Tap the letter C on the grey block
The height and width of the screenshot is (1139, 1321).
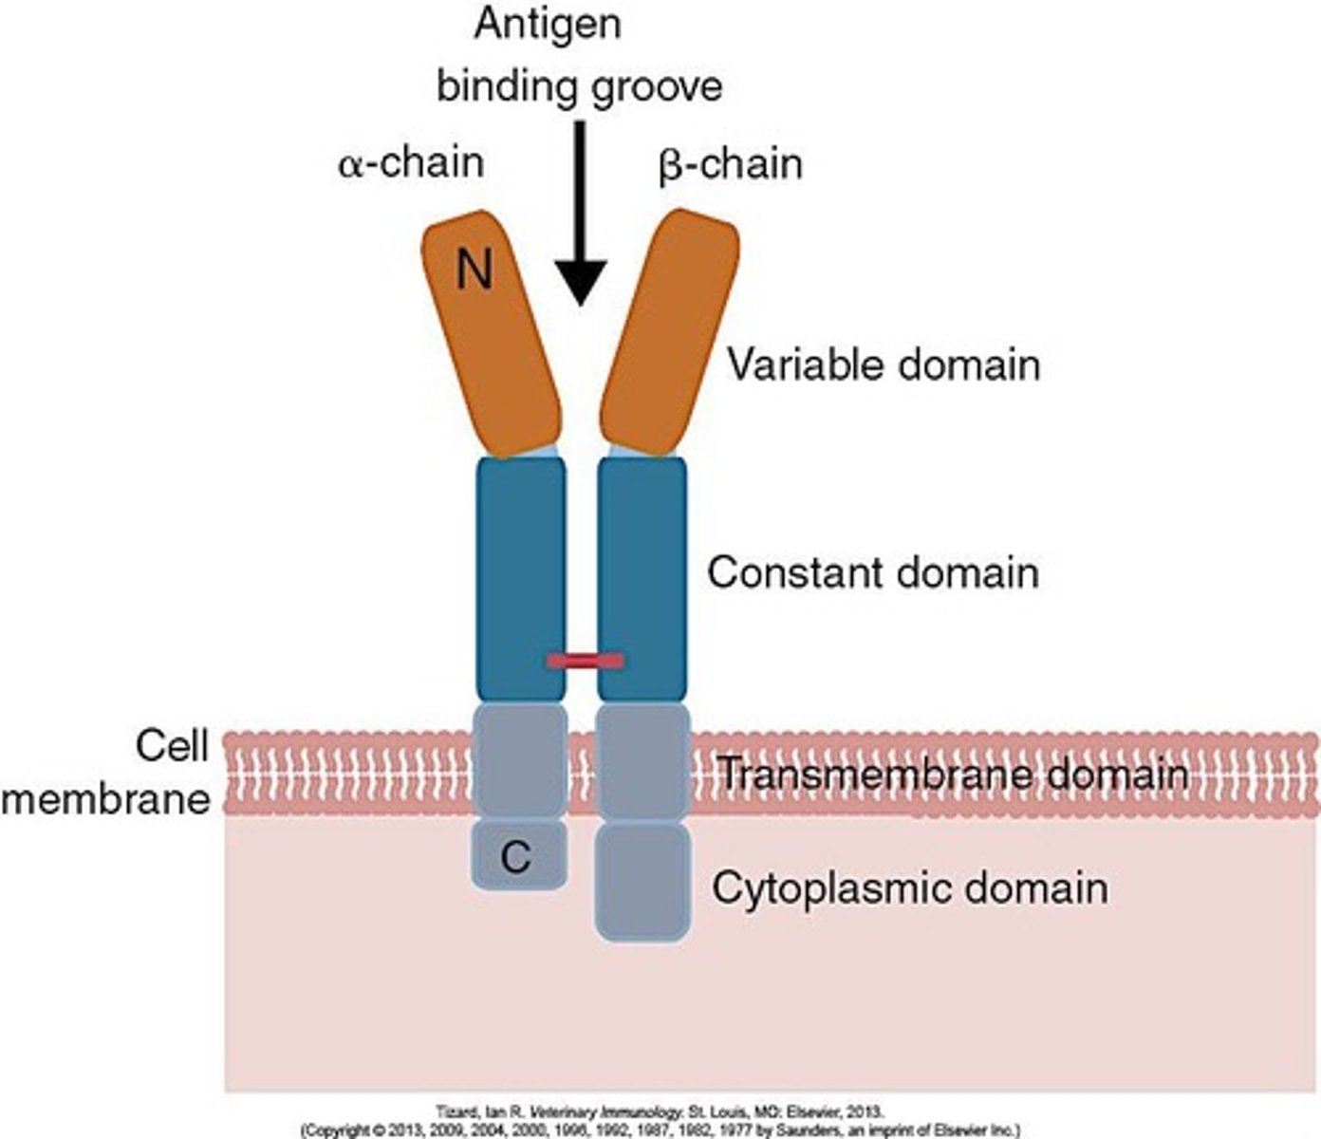click(x=515, y=857)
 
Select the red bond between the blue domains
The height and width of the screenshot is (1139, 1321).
click(x=586, y=660)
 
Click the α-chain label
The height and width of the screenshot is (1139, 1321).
click(x=411, y=163)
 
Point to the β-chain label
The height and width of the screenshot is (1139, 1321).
click(x=730, y=163)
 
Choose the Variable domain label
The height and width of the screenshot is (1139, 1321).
click(x=883, y=365)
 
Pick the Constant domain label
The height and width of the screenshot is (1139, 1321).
click(x=873, y=573)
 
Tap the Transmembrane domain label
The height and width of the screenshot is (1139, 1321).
click(x=952, y=775)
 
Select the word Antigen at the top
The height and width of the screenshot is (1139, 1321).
click(x=549, y=25)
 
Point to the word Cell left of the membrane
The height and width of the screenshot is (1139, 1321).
click(x=172, y=746)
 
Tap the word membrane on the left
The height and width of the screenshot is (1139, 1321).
click(x=105, y=799)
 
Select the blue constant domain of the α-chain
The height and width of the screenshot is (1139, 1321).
click(x=521, y=579)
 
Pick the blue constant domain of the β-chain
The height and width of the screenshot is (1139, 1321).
click(x=642, y=579)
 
